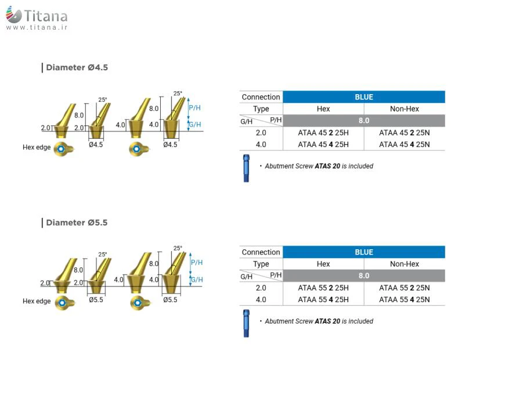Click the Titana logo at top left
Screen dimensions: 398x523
click(36, 16)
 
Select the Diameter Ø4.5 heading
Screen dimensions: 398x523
click(76, 67)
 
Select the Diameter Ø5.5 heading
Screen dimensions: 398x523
click(76, 223)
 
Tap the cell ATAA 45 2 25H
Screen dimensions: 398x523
click(323, 132)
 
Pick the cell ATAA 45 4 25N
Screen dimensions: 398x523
click(405, 145)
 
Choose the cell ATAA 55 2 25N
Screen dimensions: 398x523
click(405, 288)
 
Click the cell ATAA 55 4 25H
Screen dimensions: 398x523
click(323, 300)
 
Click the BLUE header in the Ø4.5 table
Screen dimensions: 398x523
click(364, 97)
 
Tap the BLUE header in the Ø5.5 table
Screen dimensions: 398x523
click(364, 252)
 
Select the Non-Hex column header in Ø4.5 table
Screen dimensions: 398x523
click(405, 109)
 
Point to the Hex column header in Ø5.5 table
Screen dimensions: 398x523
click(323, 264)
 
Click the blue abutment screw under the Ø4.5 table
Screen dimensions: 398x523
click(246, 168)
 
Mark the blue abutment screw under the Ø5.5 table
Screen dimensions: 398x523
click(246, 323)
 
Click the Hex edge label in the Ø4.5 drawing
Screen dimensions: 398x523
click(37, 148)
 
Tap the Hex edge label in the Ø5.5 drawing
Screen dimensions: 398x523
click(37, 302)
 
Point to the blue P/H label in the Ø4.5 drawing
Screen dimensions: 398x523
click(196, 107)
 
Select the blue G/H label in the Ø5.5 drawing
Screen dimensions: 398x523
click(197, 279)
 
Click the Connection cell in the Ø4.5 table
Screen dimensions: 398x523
click(261, 97)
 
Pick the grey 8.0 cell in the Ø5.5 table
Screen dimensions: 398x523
click(364, 275)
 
